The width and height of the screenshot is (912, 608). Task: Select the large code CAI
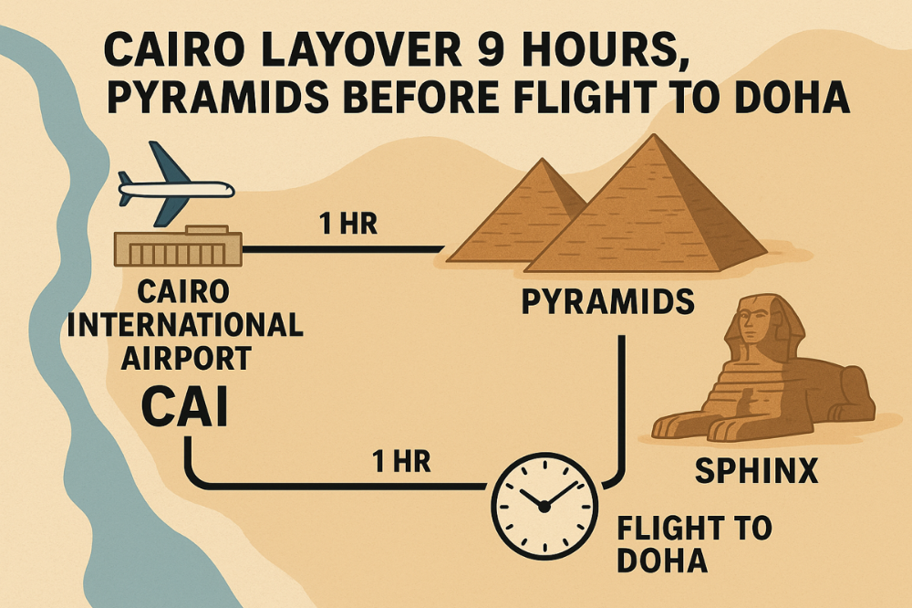pos(184,408)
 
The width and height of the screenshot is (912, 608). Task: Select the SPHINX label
pos(756,471)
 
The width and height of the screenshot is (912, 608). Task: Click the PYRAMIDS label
pos(607,300)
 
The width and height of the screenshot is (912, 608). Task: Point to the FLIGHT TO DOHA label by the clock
pos(693,543)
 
